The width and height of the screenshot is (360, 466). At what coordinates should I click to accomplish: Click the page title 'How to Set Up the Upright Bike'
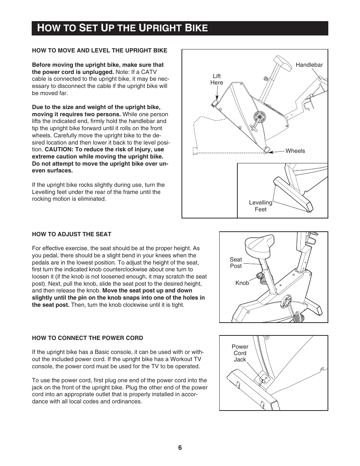pos(123,28)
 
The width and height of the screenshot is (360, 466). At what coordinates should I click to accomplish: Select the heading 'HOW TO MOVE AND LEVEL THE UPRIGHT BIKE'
pos(99,50)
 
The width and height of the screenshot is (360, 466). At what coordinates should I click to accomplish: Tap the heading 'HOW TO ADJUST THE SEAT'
pos(72,234)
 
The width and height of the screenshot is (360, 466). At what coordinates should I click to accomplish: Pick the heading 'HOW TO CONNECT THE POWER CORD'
pos(88,338)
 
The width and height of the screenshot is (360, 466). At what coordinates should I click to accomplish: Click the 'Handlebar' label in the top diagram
pos(309,65)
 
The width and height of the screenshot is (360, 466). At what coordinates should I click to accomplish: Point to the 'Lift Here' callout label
pos(217,79)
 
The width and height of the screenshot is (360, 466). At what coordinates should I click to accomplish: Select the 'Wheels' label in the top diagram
pos(295,151)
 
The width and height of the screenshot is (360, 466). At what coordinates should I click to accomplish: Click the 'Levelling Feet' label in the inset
pos(260,206)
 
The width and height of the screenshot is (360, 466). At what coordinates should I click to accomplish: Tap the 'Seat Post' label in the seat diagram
pos(236,263)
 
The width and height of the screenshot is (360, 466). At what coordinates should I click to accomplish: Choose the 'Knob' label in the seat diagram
pos(242,283)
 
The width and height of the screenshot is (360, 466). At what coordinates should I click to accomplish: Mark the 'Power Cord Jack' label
pos(240,353)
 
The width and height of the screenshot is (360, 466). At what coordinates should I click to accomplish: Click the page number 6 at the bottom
pos(180,448)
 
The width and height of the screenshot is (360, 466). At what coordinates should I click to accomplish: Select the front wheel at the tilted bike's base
pos(267,150)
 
